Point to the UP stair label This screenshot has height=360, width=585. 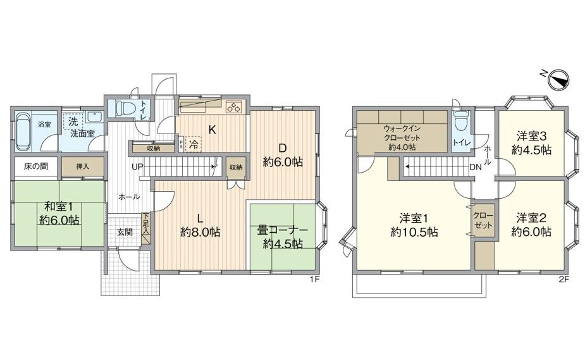point(137,167)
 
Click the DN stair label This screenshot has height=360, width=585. point(476,167)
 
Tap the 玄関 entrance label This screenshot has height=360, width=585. point(125,232)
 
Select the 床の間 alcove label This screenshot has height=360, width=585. point(36,166)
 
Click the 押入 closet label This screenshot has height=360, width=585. point(83,166)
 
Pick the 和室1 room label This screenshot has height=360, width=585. point(59,206)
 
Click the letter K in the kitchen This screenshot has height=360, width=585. point(212,130)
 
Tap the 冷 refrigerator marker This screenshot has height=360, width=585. point(194,144)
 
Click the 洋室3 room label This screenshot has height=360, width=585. point(531,136)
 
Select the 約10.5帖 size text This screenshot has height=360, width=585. point(414,232)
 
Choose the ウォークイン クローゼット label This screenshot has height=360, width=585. point(402,133)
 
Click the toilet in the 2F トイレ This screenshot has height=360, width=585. point(462,121)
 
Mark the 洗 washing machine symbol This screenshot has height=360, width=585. point(73,121)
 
